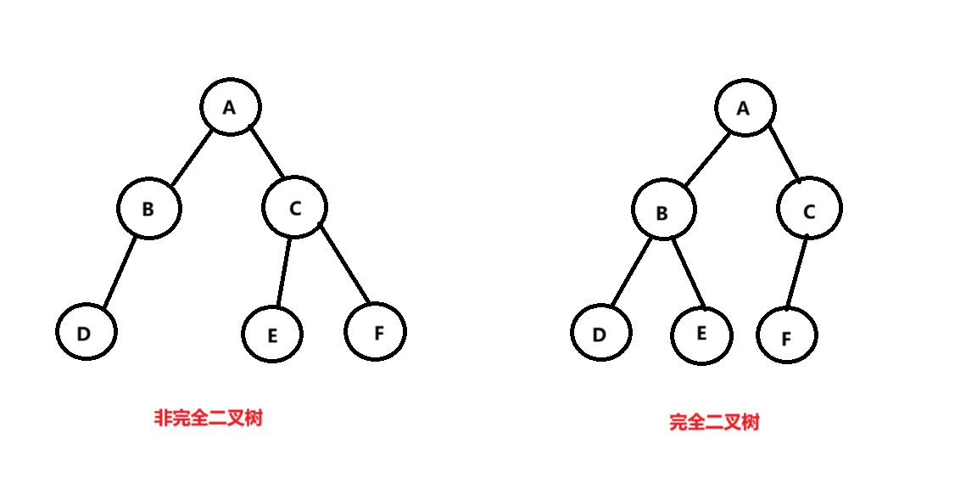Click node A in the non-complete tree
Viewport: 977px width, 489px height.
230,107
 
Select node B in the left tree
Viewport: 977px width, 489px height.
148,208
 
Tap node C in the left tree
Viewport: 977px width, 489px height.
294,207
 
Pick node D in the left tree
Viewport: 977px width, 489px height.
86,332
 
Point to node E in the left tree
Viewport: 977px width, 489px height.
272,334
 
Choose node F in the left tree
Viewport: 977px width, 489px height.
376,331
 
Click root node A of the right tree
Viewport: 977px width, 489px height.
744,109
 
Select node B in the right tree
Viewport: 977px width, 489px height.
662,212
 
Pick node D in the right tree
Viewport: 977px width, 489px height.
600,333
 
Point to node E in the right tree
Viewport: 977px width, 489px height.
701,334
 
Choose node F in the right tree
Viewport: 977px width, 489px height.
787,336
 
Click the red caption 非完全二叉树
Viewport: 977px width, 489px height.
208,418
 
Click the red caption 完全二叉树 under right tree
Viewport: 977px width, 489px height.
714,422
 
